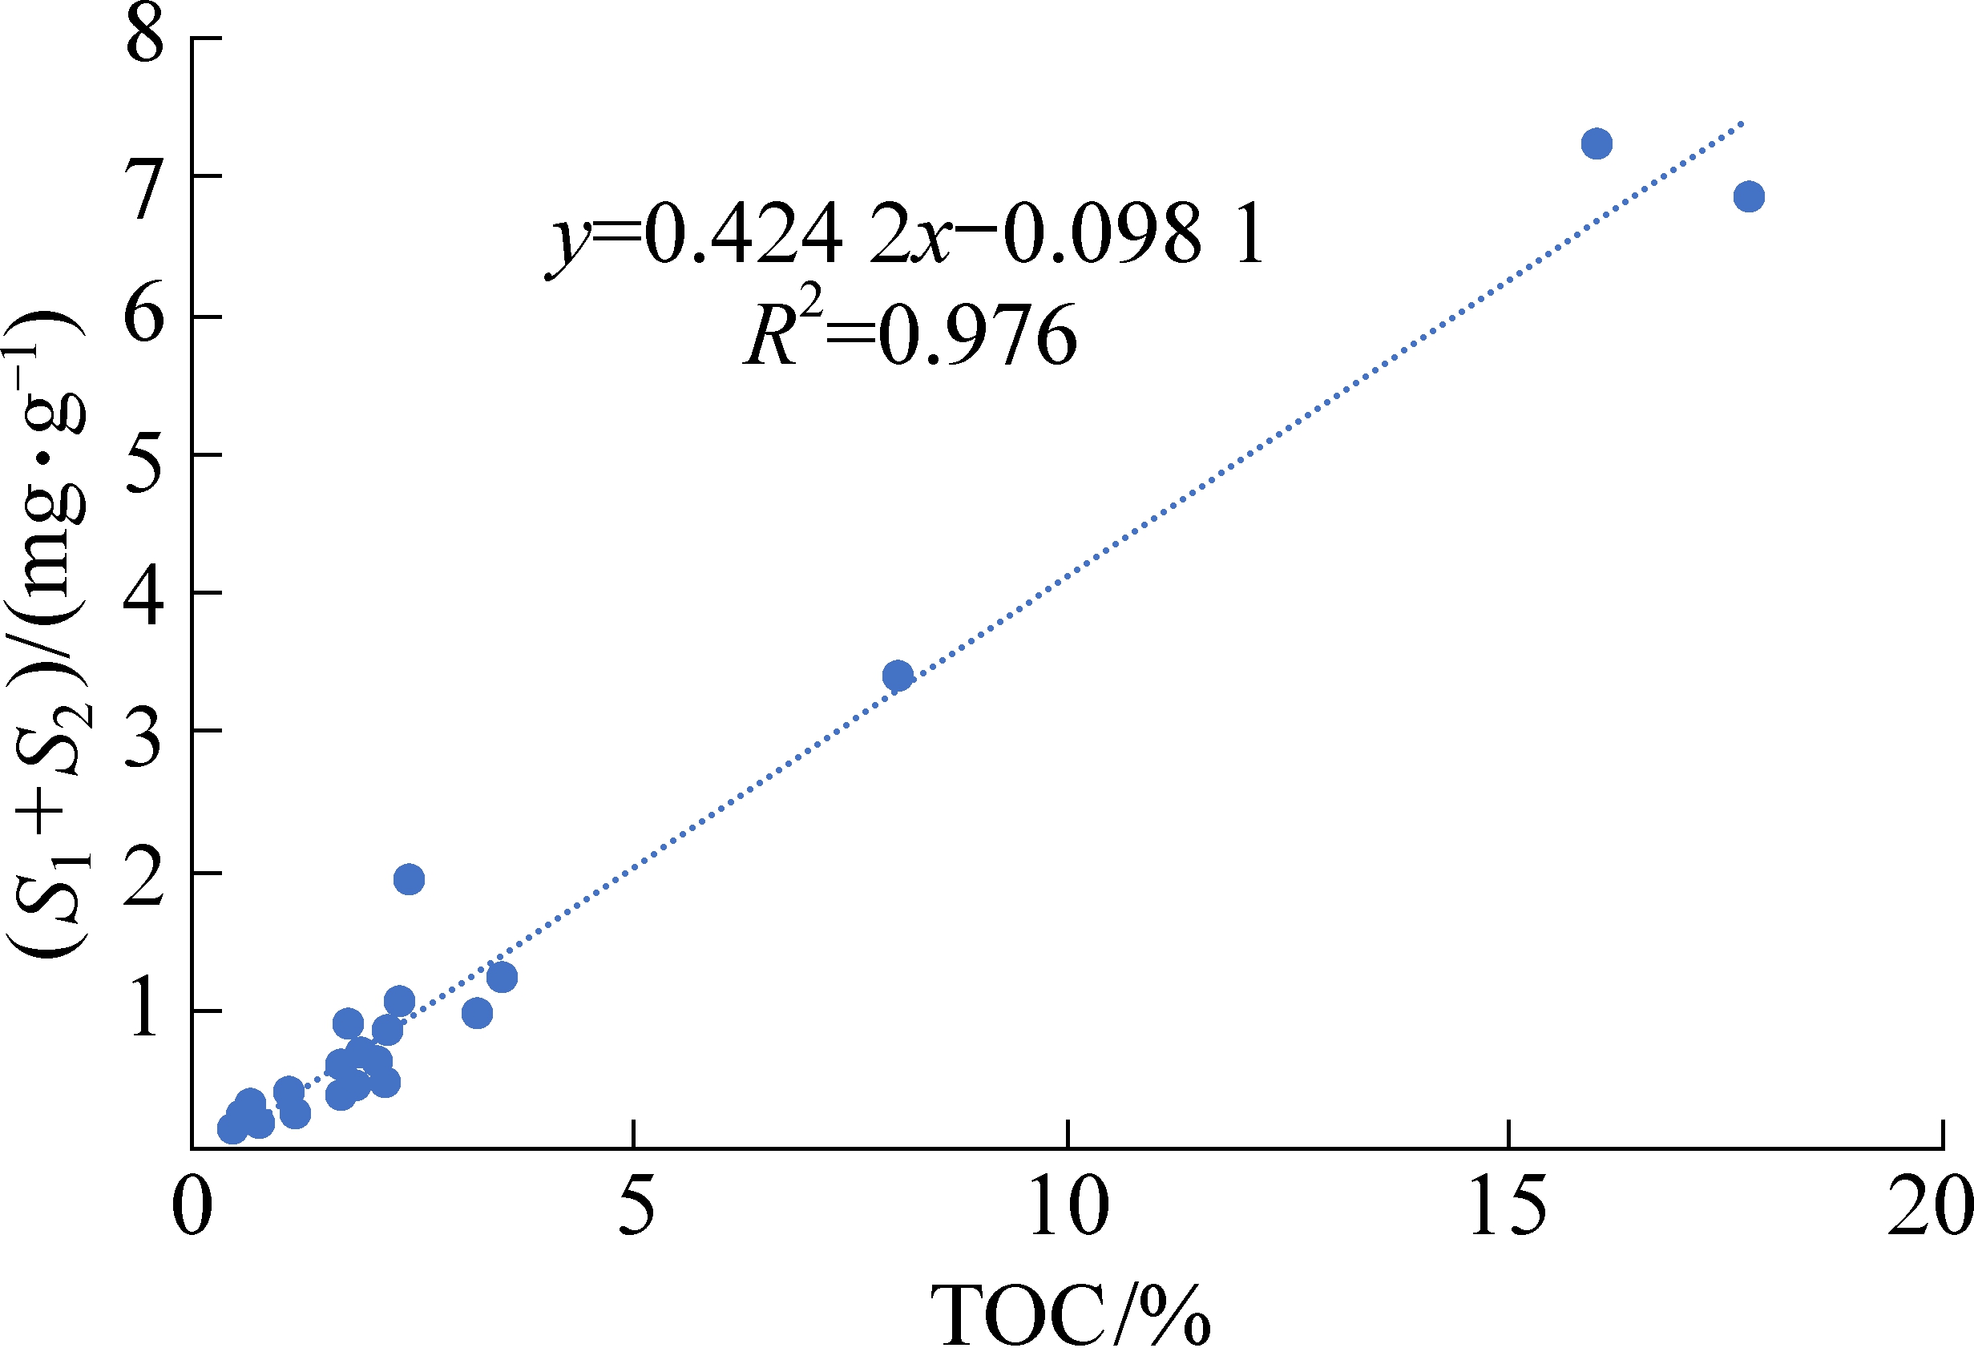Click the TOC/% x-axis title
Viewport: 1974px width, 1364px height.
click(1070, 1317)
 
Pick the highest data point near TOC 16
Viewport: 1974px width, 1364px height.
click(1597, 143)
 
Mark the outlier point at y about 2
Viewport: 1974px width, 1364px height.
click(410, 879)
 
